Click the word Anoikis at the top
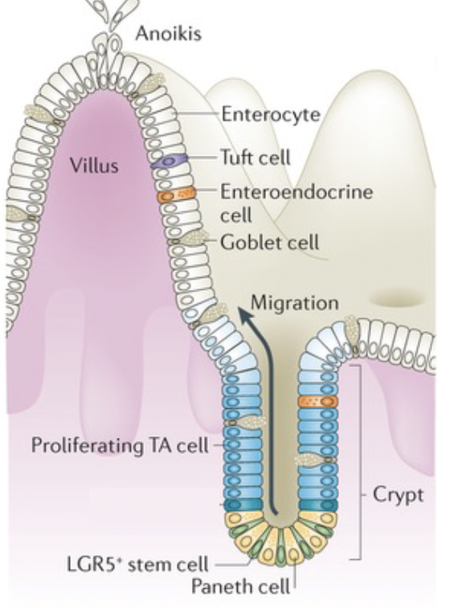169,35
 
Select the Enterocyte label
270,116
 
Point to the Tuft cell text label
256,158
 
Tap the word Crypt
397,495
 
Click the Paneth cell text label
240,586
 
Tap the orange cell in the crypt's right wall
315,401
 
